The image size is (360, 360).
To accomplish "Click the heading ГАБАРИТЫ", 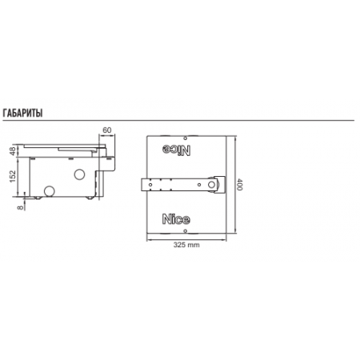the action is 22,113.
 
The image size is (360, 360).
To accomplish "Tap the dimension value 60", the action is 106,130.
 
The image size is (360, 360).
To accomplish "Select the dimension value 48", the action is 13,151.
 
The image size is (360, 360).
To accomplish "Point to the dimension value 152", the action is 13,176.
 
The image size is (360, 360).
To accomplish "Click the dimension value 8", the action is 20,207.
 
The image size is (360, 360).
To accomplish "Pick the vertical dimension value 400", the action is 240,185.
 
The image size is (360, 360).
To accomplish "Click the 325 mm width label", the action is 186,245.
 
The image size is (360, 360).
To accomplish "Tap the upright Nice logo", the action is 176,219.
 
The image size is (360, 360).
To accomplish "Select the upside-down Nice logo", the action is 176,150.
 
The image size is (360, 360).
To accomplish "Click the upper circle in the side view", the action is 79,174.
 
